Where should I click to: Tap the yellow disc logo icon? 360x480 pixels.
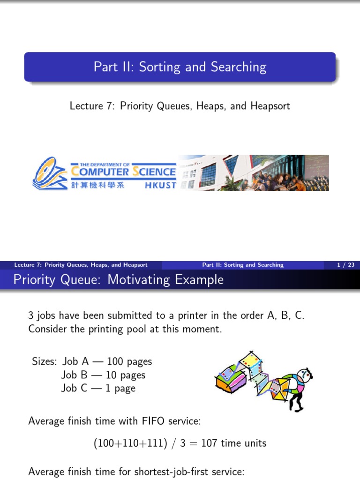click(x=49, y=173)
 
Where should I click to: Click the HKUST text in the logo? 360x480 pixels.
click(x=160, y=185)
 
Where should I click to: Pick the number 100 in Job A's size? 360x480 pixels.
click(x=115, y=361)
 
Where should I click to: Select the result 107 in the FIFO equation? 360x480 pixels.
click(x=210, y=442)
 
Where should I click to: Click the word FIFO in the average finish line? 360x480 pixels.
click(x=153, y=421)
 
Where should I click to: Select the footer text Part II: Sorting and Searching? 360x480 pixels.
click(x=243, y=265)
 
